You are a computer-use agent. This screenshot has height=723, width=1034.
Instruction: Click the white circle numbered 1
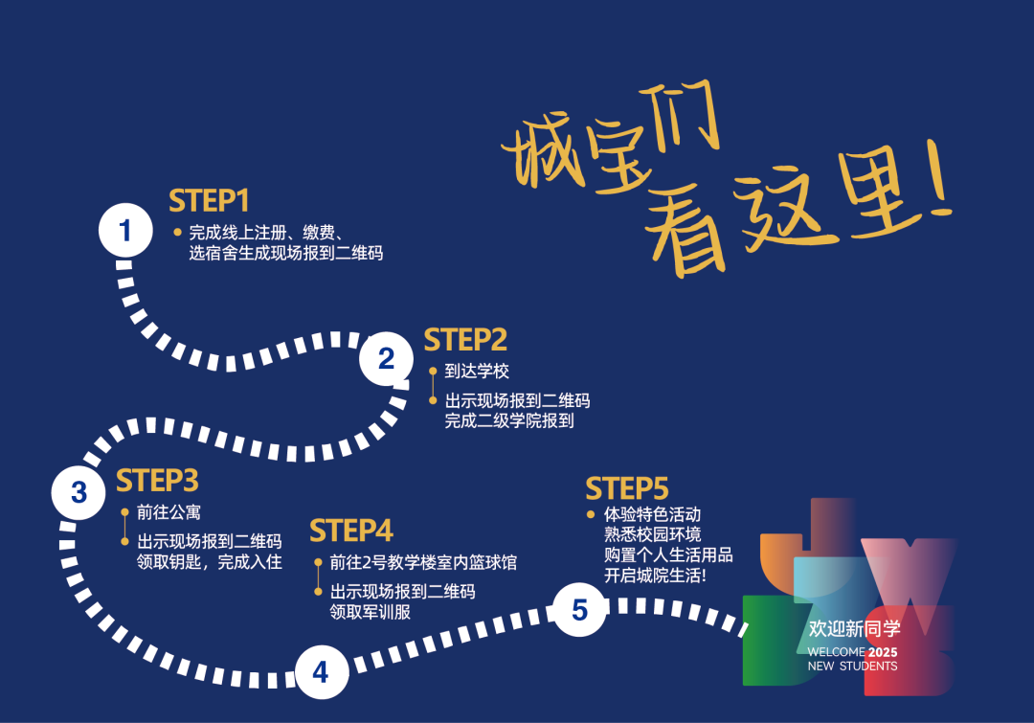click(125, 231)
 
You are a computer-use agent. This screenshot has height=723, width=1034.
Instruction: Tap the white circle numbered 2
click(387, 359)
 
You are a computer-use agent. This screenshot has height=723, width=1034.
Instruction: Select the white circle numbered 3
click(79, 492)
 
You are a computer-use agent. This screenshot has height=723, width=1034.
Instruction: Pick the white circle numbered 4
click(320, 672)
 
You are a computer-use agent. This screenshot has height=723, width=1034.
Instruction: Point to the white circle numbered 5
click(579, 610)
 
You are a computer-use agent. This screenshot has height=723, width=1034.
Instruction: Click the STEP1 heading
click(209, 201)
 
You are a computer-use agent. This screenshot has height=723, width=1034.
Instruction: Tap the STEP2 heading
click(465, 340)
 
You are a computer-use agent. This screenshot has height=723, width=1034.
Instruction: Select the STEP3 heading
click(157, 480)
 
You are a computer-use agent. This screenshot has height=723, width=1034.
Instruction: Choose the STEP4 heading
click(351, 531)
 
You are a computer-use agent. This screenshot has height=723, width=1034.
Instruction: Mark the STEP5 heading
click(627, 488)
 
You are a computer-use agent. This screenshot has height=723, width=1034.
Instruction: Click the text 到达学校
click(477, 372)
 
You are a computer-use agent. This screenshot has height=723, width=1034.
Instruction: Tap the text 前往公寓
click(169, 512)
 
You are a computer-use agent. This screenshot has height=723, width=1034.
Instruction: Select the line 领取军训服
click(371, 612)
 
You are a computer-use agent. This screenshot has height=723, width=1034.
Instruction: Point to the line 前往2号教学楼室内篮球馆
click(423, 562)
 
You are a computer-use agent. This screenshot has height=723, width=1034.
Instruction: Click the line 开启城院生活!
click(656, 576)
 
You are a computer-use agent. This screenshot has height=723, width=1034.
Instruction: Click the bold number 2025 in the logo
click(883, 652)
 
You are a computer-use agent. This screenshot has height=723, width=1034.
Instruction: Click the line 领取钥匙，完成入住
click(210, 562)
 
